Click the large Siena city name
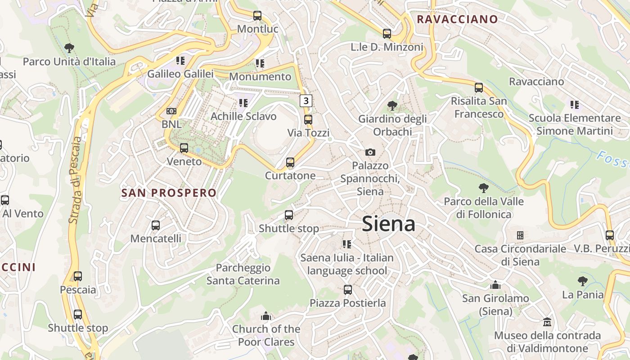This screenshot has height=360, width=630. [388, 224]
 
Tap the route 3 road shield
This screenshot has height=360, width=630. [306, 100]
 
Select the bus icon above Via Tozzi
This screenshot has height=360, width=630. [308, 120]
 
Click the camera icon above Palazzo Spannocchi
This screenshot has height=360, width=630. [370, 152]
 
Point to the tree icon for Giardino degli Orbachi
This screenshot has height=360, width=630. [392, 106]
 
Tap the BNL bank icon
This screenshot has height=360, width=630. [171, 111]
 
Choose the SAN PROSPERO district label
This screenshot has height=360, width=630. [169, 193]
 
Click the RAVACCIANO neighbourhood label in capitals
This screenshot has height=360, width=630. [457, 19]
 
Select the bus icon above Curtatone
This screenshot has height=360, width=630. [290, 162]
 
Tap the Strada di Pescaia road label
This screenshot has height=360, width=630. [76, 180]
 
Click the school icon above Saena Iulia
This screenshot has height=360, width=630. [346, 244]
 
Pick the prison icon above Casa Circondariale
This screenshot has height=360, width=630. [520, 235]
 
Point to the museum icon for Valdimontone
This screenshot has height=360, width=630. [547, 322]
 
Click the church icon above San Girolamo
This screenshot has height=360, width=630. [495, 285]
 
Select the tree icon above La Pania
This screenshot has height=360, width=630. [583, 281]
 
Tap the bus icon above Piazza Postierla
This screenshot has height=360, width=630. [347, 290]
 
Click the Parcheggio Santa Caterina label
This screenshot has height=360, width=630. [243, 274]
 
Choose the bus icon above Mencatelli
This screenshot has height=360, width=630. [156, 225]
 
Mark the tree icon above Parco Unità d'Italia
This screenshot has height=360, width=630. [69, 48]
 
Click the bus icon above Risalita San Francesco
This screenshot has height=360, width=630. [479, 88]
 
